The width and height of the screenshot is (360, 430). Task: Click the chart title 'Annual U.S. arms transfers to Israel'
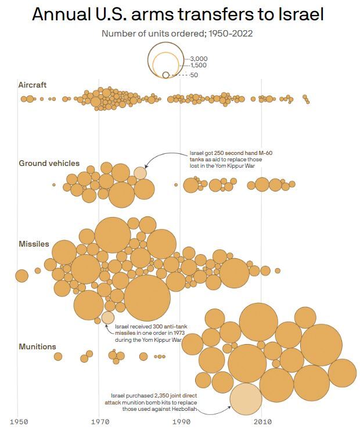(178, 15)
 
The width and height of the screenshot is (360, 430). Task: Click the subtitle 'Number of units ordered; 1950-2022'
(177, 33)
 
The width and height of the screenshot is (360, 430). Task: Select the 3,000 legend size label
(199, 59)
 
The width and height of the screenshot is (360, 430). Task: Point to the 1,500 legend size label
(199, 66)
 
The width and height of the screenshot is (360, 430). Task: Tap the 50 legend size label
(194, 75)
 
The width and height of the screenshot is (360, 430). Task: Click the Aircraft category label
(33, 85)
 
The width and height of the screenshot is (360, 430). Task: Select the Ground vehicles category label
(49, 163)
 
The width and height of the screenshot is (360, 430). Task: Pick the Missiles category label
(34, 244)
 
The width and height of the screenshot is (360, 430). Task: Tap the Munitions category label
(38, 346)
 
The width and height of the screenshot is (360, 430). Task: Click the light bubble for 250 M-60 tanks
(140, 172)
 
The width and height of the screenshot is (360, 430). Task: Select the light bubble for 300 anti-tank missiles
(108, 317)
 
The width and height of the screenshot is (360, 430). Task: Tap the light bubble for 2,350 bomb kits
(246, 398)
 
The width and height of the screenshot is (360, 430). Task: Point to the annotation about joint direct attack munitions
(158, 402)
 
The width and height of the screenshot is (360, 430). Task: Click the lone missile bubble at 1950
(21, 275)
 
